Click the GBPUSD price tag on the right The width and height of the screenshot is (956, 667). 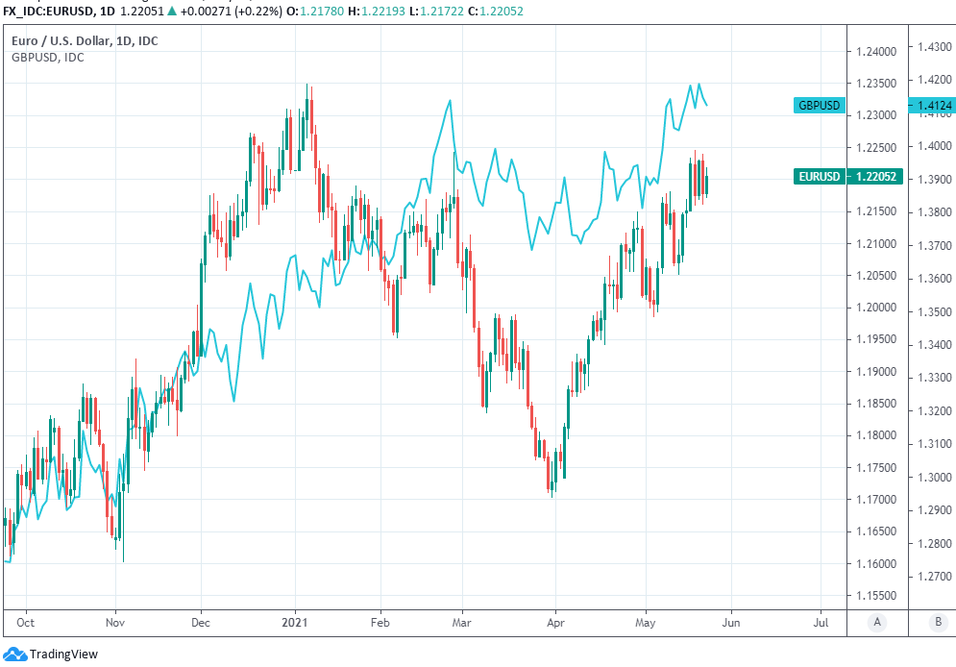(x=820, y=105)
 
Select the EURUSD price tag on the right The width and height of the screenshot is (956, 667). (x=820, y=176)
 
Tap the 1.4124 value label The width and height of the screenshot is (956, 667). (x=934, y=105)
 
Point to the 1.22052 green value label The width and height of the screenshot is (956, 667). (x=876, y=176)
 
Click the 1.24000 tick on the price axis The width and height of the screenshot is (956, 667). (x=876, y=51)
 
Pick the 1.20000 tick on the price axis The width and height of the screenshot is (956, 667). (x=876, y=308)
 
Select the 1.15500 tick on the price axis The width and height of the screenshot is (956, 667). (x=876, y=596)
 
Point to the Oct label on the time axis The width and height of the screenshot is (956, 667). (x=26, y=622)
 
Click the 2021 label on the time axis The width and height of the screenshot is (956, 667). (x=295, y=622)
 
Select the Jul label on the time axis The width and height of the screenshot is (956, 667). (x=822, y=622)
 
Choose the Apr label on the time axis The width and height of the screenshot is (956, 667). (x=555, y=622)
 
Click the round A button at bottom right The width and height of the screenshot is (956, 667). (x=877, y=622)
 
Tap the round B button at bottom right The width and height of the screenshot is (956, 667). (x=937, y=622)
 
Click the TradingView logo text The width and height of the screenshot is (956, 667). (x=63, y=654)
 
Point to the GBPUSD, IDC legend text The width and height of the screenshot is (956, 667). (x=47, y=58)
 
